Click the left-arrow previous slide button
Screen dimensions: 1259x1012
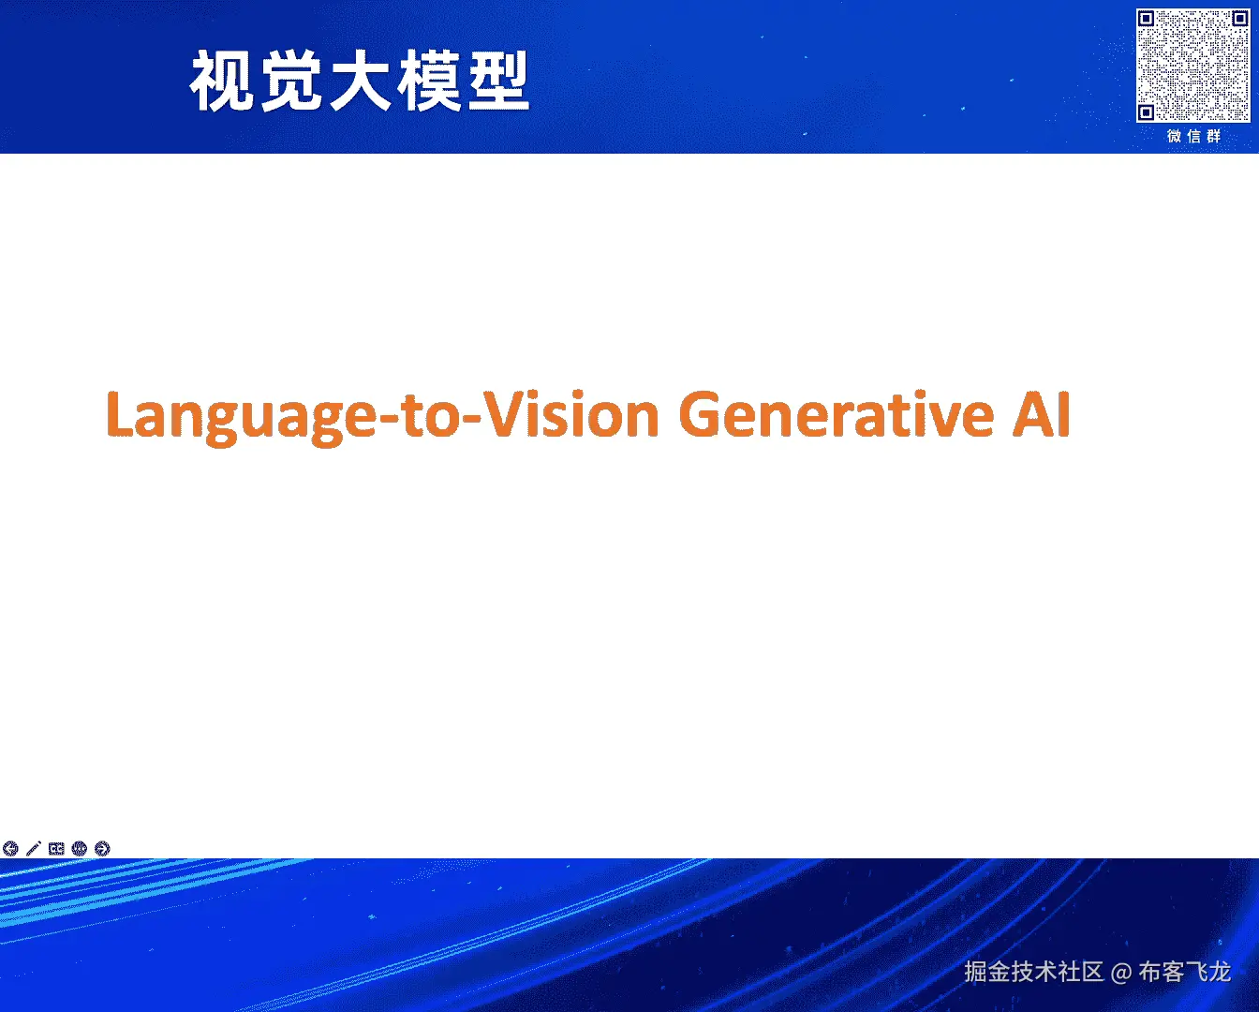[x=10, y=849]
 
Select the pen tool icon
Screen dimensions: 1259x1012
[x=34, y=849]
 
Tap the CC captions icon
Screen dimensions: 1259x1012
[x=56, y=849]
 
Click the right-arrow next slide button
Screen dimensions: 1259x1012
[x=102, y=849]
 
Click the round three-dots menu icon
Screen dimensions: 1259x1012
[x=79, y=849]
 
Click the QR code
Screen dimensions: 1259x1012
[x=1193, y=65]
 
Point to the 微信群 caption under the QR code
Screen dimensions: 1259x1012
[x=1194, y=137]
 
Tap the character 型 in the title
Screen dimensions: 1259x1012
[x=498, y=81]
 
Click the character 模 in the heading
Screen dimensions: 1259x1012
[x=429, y=81]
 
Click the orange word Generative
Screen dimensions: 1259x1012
[x=837, y=414]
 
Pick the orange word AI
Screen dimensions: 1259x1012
[x=1042, y=414]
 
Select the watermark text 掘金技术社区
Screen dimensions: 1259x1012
[x=1034, y=972]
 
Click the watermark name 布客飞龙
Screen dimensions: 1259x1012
[x=1185, y=972]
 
